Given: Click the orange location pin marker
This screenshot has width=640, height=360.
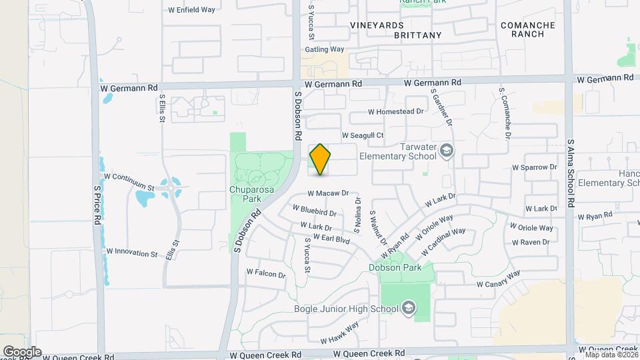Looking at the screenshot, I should click(320, 159).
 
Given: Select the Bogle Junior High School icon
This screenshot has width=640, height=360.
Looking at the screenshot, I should click(408, 307).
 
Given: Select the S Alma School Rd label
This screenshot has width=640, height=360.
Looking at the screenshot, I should click(570, 173).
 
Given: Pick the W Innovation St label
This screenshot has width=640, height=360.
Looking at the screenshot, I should click(131, 253).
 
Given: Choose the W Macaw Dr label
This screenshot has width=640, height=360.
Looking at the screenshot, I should click(328, 193).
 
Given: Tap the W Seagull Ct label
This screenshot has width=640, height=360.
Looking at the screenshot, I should click(363, 135).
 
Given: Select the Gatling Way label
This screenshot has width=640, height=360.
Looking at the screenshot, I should click(324, 49).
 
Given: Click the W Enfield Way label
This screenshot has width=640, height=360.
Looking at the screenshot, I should click(191, 11).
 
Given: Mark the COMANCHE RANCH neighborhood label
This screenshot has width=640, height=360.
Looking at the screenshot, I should click(528, 29).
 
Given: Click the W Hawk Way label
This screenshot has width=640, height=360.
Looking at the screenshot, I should click(339, 331).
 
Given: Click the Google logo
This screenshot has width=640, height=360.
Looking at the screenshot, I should click(22, 351).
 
